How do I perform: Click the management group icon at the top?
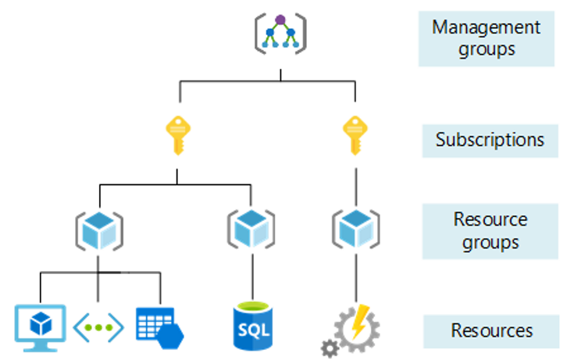(x=280, y=33)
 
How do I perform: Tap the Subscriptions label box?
(x=490, y=141)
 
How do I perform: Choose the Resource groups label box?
(x=490, y=231)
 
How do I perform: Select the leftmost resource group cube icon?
(x=98, y=228)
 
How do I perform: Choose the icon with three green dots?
(x=98, y=327)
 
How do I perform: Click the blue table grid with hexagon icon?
(x=159, y=326)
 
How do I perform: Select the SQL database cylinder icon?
(x=251, y=326)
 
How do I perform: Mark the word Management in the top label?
(x=486, y=27)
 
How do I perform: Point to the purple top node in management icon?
(x=280, y=20)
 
